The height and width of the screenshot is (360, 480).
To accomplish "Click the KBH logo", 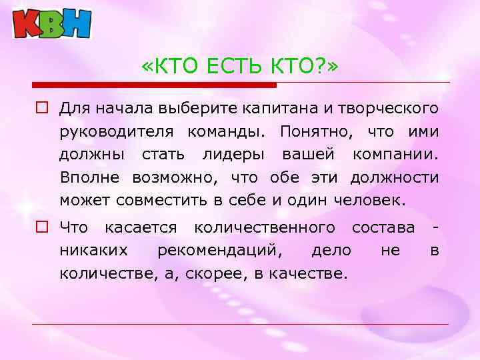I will click(x=52, y=23).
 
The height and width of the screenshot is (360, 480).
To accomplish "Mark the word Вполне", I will click(x=88, y=177).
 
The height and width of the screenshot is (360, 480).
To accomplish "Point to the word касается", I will click(x=141, y=228).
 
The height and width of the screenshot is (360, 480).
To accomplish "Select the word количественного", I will click(x=264, y=228).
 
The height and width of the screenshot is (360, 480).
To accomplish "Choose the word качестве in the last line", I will click(x=305, y=274).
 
